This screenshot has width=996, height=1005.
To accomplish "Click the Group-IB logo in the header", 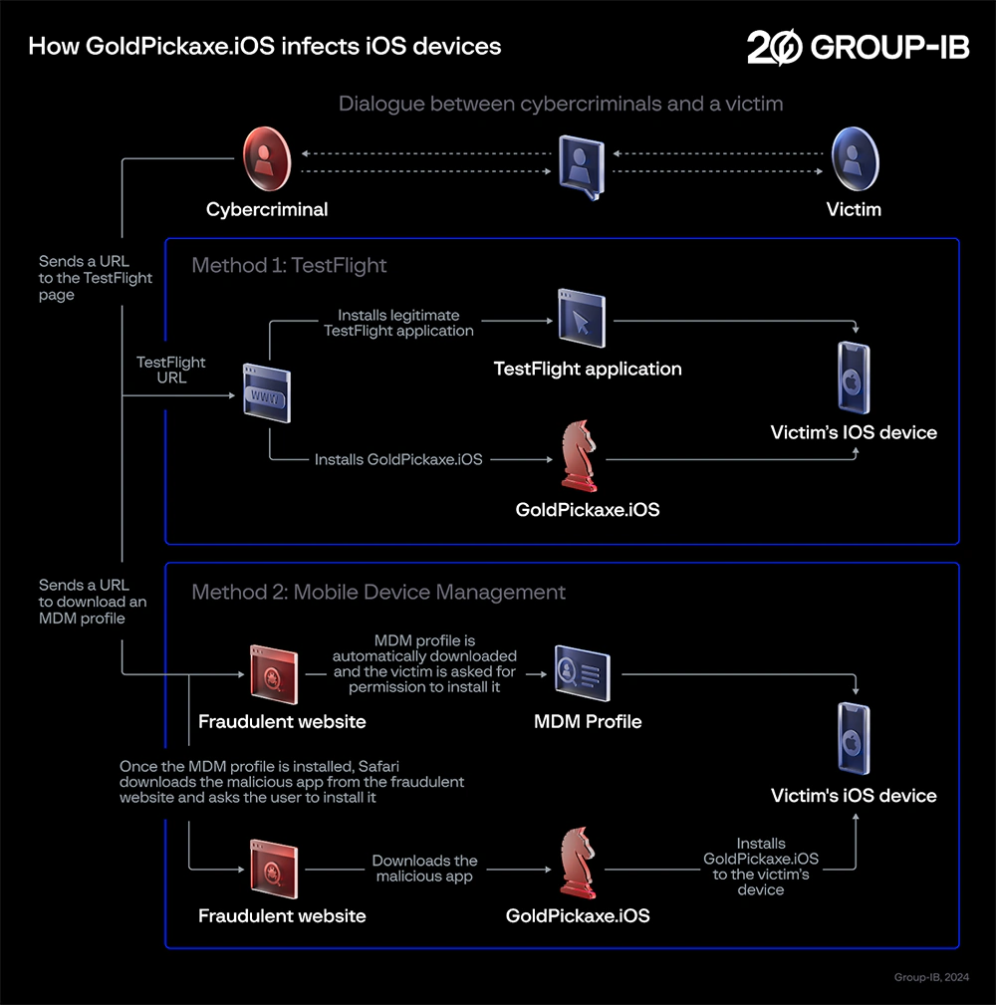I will pos(858,47).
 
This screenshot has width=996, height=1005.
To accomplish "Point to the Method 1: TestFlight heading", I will pos(289,265).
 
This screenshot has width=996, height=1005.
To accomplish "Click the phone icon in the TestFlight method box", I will pos(854,377).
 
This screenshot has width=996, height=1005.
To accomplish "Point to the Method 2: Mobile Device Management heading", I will pos(378,592).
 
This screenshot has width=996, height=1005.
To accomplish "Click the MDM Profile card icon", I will pos(583,672).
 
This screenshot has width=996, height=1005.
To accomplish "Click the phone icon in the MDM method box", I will pos(854,738).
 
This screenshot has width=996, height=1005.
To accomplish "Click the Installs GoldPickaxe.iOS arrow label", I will pos(398,460).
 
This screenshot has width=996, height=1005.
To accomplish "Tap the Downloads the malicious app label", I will pos(425,868).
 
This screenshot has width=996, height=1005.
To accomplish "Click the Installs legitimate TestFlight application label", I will pos(398,323).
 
